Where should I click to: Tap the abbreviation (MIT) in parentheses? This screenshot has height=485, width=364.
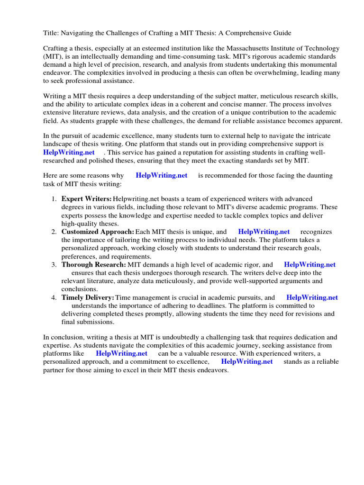pos(53,56)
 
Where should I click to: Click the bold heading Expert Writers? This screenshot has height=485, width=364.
pos(87,199)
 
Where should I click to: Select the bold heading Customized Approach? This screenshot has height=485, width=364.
pos(98,232)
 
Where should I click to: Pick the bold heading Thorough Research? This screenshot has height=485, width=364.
pos(94,265)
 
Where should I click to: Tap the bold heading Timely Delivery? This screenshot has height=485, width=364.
pos(88,297)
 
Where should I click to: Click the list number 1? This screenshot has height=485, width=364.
pos(55,199)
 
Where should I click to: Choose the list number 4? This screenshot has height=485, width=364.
pos(55,297)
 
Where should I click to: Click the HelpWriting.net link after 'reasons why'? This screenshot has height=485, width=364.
pos(162,175)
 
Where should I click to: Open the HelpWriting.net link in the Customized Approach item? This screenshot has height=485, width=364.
pos(264,232)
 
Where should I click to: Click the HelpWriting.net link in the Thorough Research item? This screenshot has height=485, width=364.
pos(309,265)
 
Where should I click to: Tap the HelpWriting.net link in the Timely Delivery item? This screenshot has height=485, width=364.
pos(312,297)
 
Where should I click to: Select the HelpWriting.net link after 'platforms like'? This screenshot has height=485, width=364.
pos(121,353)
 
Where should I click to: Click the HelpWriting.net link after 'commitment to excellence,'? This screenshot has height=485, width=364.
pos(247,361)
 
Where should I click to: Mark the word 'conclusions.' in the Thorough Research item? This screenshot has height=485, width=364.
pos(80,289)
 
